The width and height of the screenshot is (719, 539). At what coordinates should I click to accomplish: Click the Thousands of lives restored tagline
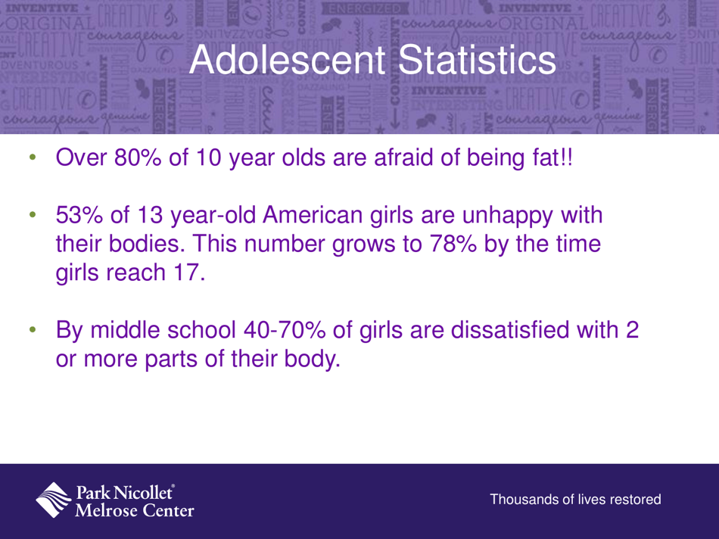(x=576, y=500)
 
